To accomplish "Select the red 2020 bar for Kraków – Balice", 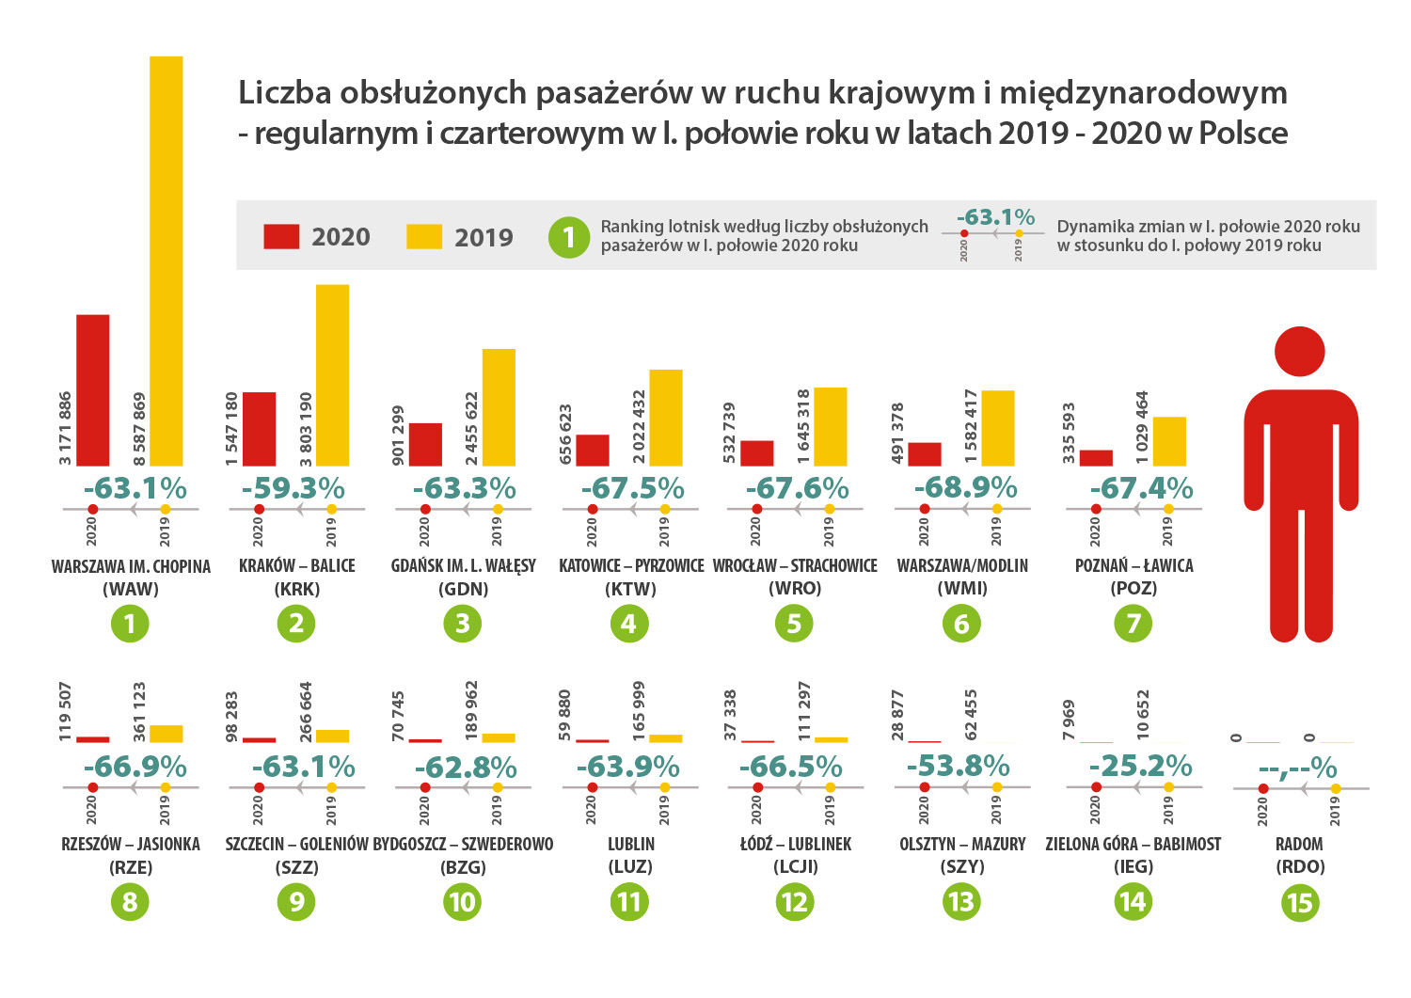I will (259, 429).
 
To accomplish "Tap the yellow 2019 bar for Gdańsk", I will (499, 407).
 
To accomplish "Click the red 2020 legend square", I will (281, 236).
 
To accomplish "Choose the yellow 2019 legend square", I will (424, 236).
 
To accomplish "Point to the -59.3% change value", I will (293, 489).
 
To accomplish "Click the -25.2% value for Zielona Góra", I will (1140, 767).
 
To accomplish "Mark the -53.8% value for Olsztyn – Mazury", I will (958, 767).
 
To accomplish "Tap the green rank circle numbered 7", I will (1134, 624).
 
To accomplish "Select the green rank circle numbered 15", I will (1299, 903).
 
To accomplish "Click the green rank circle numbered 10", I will (462, 903).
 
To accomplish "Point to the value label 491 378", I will (897, 432).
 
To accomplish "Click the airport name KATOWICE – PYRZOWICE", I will (631, 566).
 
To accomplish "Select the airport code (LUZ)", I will (630, 867).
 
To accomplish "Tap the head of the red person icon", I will (1299, 352).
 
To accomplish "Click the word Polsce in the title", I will (1243, 134).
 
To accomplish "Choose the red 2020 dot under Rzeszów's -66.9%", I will (92, 787).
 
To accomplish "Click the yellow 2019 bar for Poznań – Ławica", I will (1169, 441).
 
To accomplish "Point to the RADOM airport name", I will (1299, 845).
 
